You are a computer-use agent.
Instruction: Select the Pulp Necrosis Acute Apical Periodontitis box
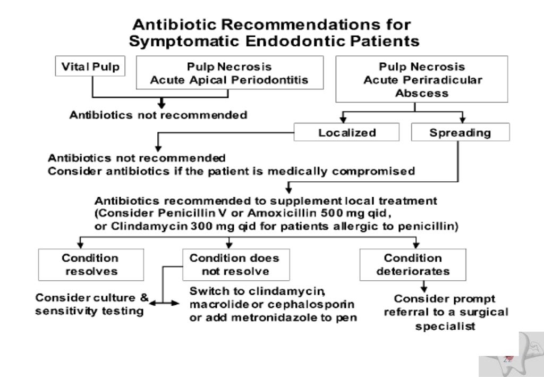click(x=229, y=73)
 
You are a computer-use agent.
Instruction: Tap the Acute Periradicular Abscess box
click(x=414, y=80)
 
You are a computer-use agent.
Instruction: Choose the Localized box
click(x=346, y=132)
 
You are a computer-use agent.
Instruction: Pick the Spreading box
click(x=460, y=132)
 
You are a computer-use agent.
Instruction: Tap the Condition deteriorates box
click(x=412, y=264)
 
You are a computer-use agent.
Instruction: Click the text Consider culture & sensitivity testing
click(x=91, y=304)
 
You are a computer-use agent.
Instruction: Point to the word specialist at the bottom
click(x=445, y=326)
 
